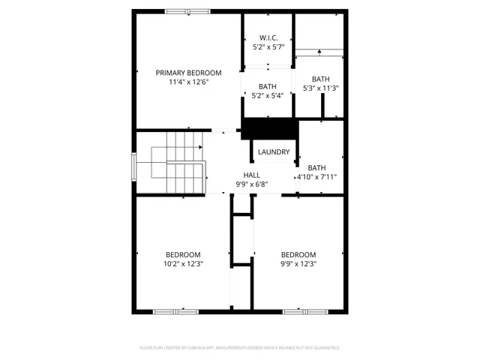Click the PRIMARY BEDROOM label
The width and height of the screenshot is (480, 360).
[x=188, y=73]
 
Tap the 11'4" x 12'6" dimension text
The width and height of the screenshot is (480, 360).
[x=188, y=82]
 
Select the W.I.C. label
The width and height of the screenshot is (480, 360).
[x=268, y=37]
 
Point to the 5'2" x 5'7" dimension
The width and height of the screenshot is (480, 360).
[x=268, y=47]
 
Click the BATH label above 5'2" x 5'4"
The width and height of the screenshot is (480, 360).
[x=268, y=86]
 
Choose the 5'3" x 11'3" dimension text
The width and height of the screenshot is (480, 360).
[x=320, y=88]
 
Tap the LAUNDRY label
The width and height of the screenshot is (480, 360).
[x=274, y=152]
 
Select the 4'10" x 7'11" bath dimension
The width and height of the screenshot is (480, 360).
[x=317, y=178]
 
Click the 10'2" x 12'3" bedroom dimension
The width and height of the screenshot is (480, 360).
[x=184, y=264]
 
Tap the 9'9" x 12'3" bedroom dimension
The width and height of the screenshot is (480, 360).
[x=298, y=264]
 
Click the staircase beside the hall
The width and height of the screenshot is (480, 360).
[x=178, y=163]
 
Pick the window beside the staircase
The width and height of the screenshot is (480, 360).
[x=134, y=164]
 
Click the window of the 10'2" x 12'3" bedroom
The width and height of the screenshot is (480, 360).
[x=174, y=311]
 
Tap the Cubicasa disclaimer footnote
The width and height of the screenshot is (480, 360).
[x=240, y=348]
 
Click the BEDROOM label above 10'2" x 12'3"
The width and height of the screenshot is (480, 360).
[x=184, y=254]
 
